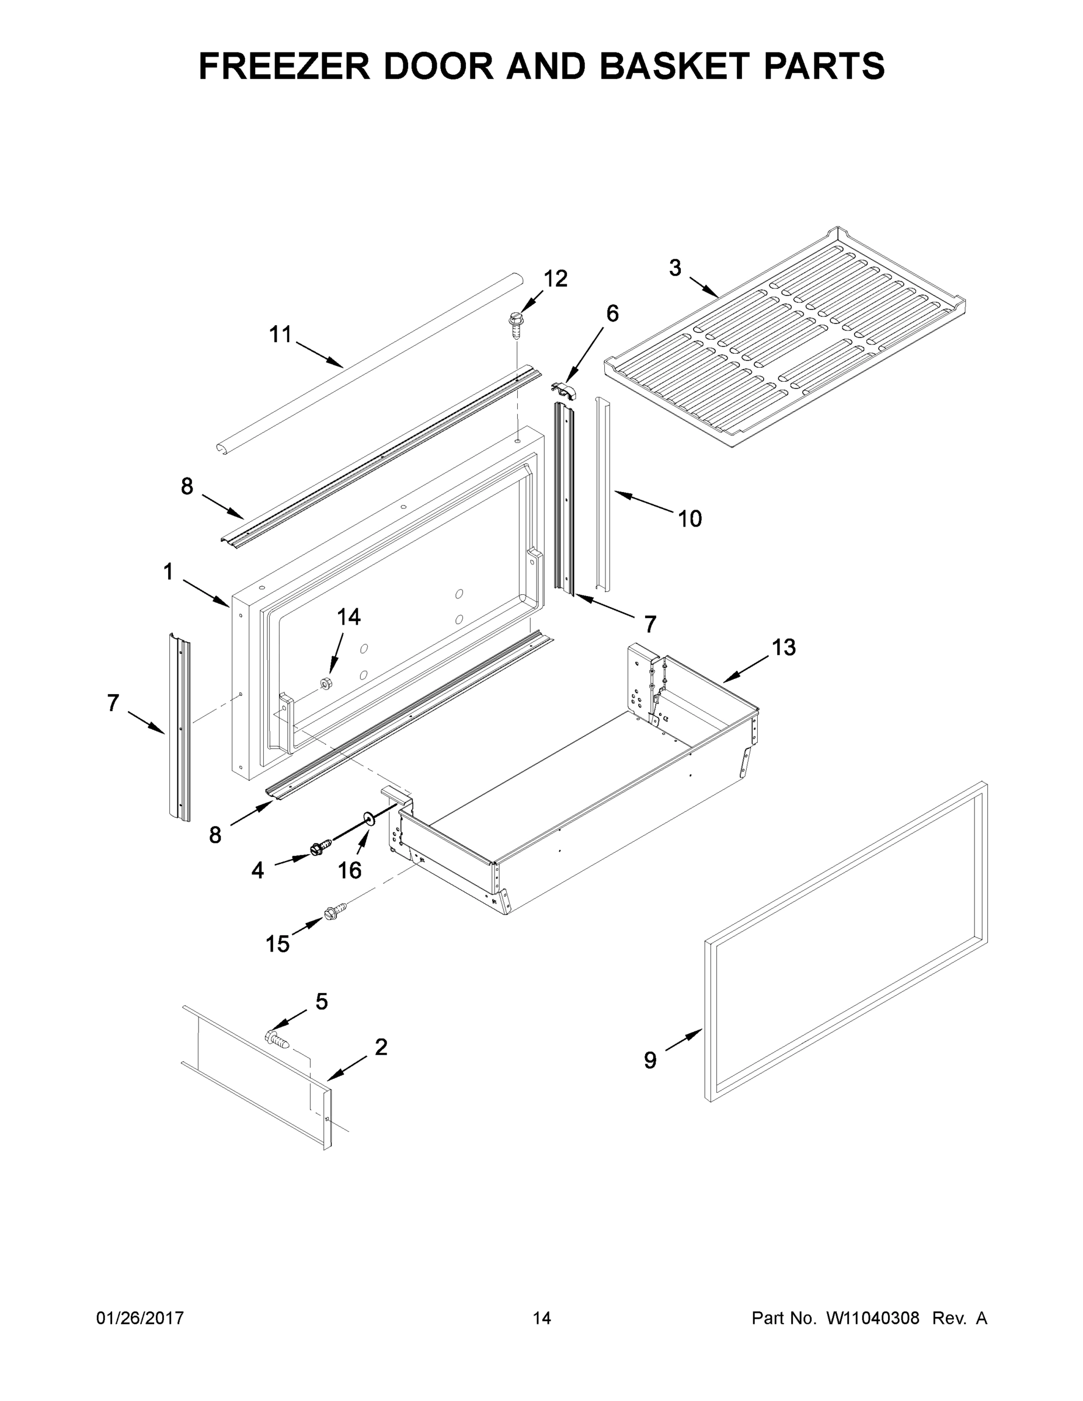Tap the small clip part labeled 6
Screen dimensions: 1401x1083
point(564,389)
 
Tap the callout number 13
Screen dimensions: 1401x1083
point(783,647)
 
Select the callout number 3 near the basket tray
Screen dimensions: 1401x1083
point(675,267)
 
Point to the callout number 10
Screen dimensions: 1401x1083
point(690,518)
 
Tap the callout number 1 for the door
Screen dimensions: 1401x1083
point(168,571)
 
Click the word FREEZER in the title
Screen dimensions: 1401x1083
point(284,66)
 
